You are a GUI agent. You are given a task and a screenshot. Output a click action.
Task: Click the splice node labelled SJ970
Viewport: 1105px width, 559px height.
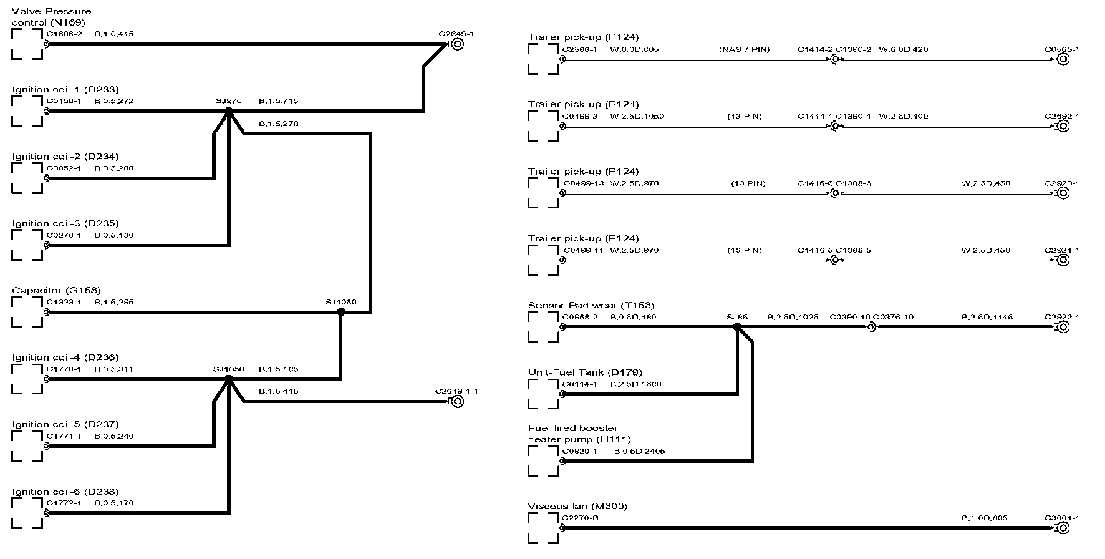click(x=228, y=111)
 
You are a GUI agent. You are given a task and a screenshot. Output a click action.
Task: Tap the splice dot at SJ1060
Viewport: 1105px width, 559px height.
click(x=340, y=312)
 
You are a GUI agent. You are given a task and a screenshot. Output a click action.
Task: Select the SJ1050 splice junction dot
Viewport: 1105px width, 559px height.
click(x=228, y=379)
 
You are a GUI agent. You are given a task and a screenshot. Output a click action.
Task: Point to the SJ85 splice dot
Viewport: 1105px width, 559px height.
click(x=737, y=326)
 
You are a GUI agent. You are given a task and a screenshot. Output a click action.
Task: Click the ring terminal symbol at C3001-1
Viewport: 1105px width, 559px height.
click(x=1063, y=528)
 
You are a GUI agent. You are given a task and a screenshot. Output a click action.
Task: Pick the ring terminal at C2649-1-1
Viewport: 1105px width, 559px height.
click(x=457, y=402)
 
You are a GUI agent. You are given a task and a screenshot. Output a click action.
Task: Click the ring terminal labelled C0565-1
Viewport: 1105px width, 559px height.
click(x=1063, y=59)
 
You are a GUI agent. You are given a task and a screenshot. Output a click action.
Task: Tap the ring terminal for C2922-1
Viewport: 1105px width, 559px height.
click(x=1063, y=326)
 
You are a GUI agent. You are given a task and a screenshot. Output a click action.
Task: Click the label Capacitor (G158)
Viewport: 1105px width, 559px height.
click(x=56, y=290)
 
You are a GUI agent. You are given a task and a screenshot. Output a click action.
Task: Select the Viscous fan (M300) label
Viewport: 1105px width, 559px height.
click(x=577, y=506)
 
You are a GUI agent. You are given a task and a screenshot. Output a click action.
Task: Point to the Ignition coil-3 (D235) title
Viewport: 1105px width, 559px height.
click(x=65, y=223)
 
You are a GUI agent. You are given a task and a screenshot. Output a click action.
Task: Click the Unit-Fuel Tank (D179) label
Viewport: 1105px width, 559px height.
click(x=585, y=372)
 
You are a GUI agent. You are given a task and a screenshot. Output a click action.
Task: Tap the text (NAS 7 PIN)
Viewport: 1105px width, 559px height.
click(x=745, y=49)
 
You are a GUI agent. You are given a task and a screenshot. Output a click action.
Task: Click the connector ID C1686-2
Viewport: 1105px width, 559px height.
click(x=64, y=34)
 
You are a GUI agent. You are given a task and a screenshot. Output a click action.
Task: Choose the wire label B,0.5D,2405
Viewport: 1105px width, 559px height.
click(x=639, y=451)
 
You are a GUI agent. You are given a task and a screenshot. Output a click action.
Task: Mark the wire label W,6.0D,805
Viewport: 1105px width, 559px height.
click(x=634, y=49)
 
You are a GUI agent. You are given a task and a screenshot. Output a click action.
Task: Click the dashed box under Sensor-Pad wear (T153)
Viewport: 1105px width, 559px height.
click(x=543, y=327)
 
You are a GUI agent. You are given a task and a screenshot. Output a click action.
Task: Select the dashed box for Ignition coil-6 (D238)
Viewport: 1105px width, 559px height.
click(x=27, y=513)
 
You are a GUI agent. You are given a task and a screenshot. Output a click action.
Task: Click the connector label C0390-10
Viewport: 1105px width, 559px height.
click(x=849, y=317)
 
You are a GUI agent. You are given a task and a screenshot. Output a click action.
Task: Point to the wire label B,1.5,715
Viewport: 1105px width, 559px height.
click(x=278, y=101)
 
